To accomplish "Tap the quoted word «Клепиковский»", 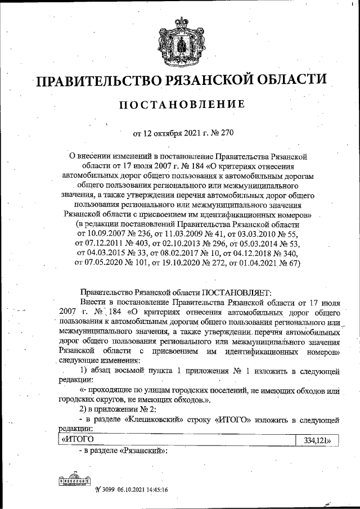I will click(x=156, y=420).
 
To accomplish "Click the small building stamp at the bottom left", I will click(x=71, y=481).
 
